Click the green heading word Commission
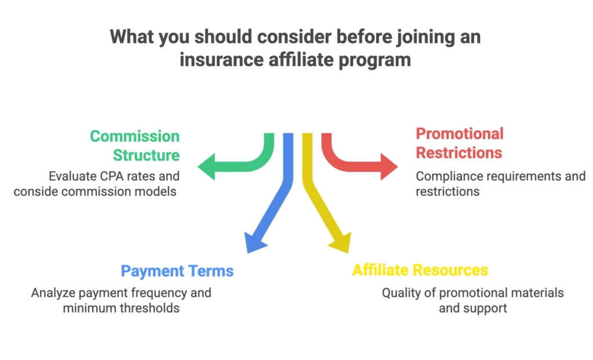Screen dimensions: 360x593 [134, 137]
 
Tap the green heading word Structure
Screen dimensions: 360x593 [146, 155]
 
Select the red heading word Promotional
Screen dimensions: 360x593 [460, 134]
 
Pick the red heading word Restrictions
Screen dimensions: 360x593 [459, 153]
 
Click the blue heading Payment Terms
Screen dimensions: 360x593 [177, 271]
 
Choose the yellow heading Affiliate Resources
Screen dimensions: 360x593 [420, 270]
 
